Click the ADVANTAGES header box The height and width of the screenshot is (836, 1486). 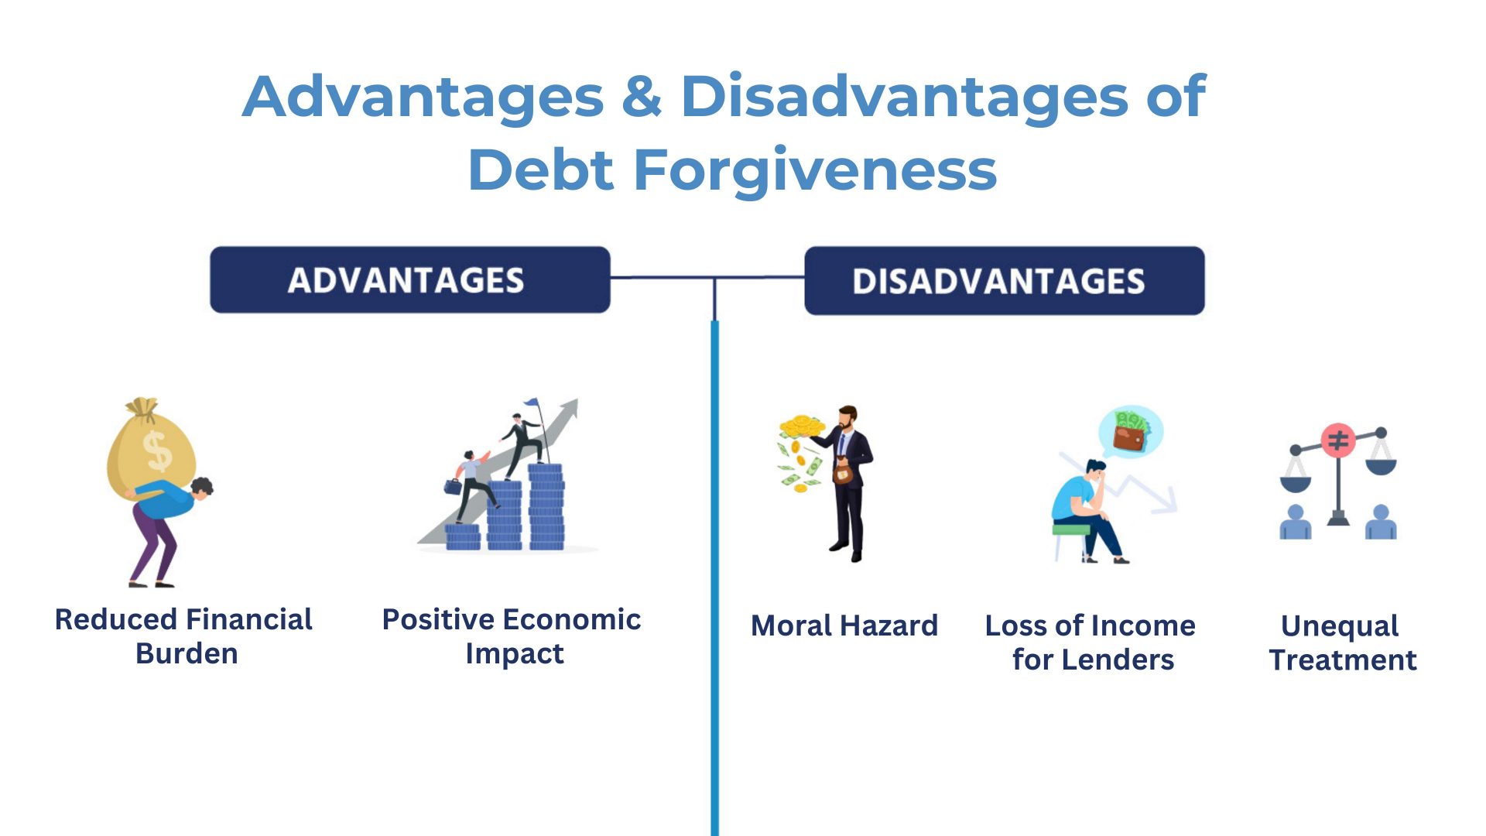409,279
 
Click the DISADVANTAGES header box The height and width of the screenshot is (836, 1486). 1004,281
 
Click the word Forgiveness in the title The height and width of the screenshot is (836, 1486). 815,170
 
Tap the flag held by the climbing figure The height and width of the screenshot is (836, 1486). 531,403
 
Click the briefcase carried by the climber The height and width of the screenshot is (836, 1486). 453,486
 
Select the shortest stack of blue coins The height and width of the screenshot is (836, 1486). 463,536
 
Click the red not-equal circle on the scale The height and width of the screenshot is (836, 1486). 1338,440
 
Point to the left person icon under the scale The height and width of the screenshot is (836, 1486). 1296,522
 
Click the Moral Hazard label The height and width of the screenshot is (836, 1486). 844,625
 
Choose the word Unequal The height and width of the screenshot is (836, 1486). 1340,625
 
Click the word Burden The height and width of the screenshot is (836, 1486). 187,654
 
